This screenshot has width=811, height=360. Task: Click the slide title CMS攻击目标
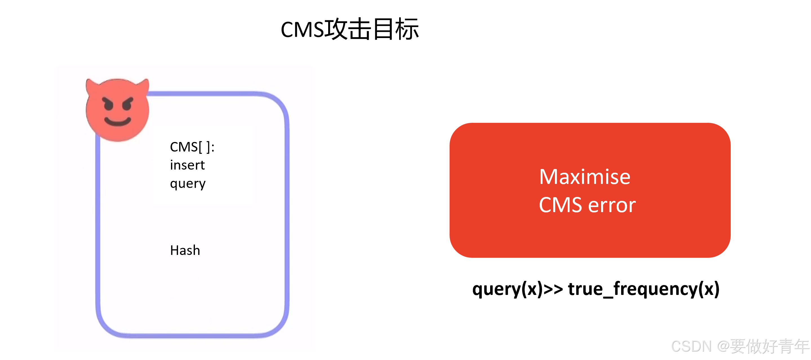coord(350,29)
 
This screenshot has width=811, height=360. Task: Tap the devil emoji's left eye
coord(108,105)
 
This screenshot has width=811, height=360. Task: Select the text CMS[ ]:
coord(192,147)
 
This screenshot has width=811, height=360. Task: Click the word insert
coord(187,165)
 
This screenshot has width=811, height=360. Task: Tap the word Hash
coord(185,250)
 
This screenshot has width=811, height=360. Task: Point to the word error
coord(612,206)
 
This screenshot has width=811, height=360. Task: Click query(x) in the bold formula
coord(507,289)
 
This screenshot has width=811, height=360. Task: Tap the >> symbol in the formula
coord(553,289)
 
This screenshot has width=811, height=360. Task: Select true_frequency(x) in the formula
coord(643,289)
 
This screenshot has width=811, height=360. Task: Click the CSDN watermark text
coord(691,346)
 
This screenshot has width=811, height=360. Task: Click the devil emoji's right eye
coord(128,105)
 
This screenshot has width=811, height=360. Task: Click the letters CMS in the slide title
coord(302,30)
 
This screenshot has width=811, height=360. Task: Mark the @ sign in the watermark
coord(723,346)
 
